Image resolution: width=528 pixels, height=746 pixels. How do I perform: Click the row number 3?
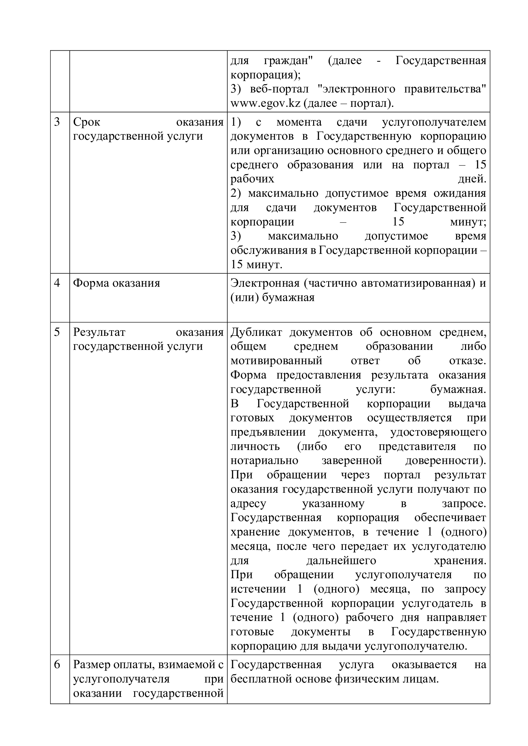tap(57, 122)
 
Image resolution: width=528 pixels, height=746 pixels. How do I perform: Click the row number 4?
tap(57, 283)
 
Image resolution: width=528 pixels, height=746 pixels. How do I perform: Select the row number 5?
tap(57, 332)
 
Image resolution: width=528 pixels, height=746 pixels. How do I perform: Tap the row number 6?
tap(57, 664)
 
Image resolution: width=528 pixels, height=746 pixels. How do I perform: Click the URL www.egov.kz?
tap(265, 103)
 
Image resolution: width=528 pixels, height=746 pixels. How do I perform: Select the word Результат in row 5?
tap(99, 332)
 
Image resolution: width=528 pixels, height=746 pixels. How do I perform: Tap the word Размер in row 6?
tap(91, 664)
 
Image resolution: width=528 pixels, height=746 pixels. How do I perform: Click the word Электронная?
tap(265, 283)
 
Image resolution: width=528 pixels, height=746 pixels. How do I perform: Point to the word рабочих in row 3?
tap(252, 179)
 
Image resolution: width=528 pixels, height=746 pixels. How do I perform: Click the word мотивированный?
tap(276, 361)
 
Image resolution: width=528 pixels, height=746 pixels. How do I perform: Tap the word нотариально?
tap(264, 461)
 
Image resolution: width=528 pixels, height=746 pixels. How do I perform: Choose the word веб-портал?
tap(279, 89)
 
